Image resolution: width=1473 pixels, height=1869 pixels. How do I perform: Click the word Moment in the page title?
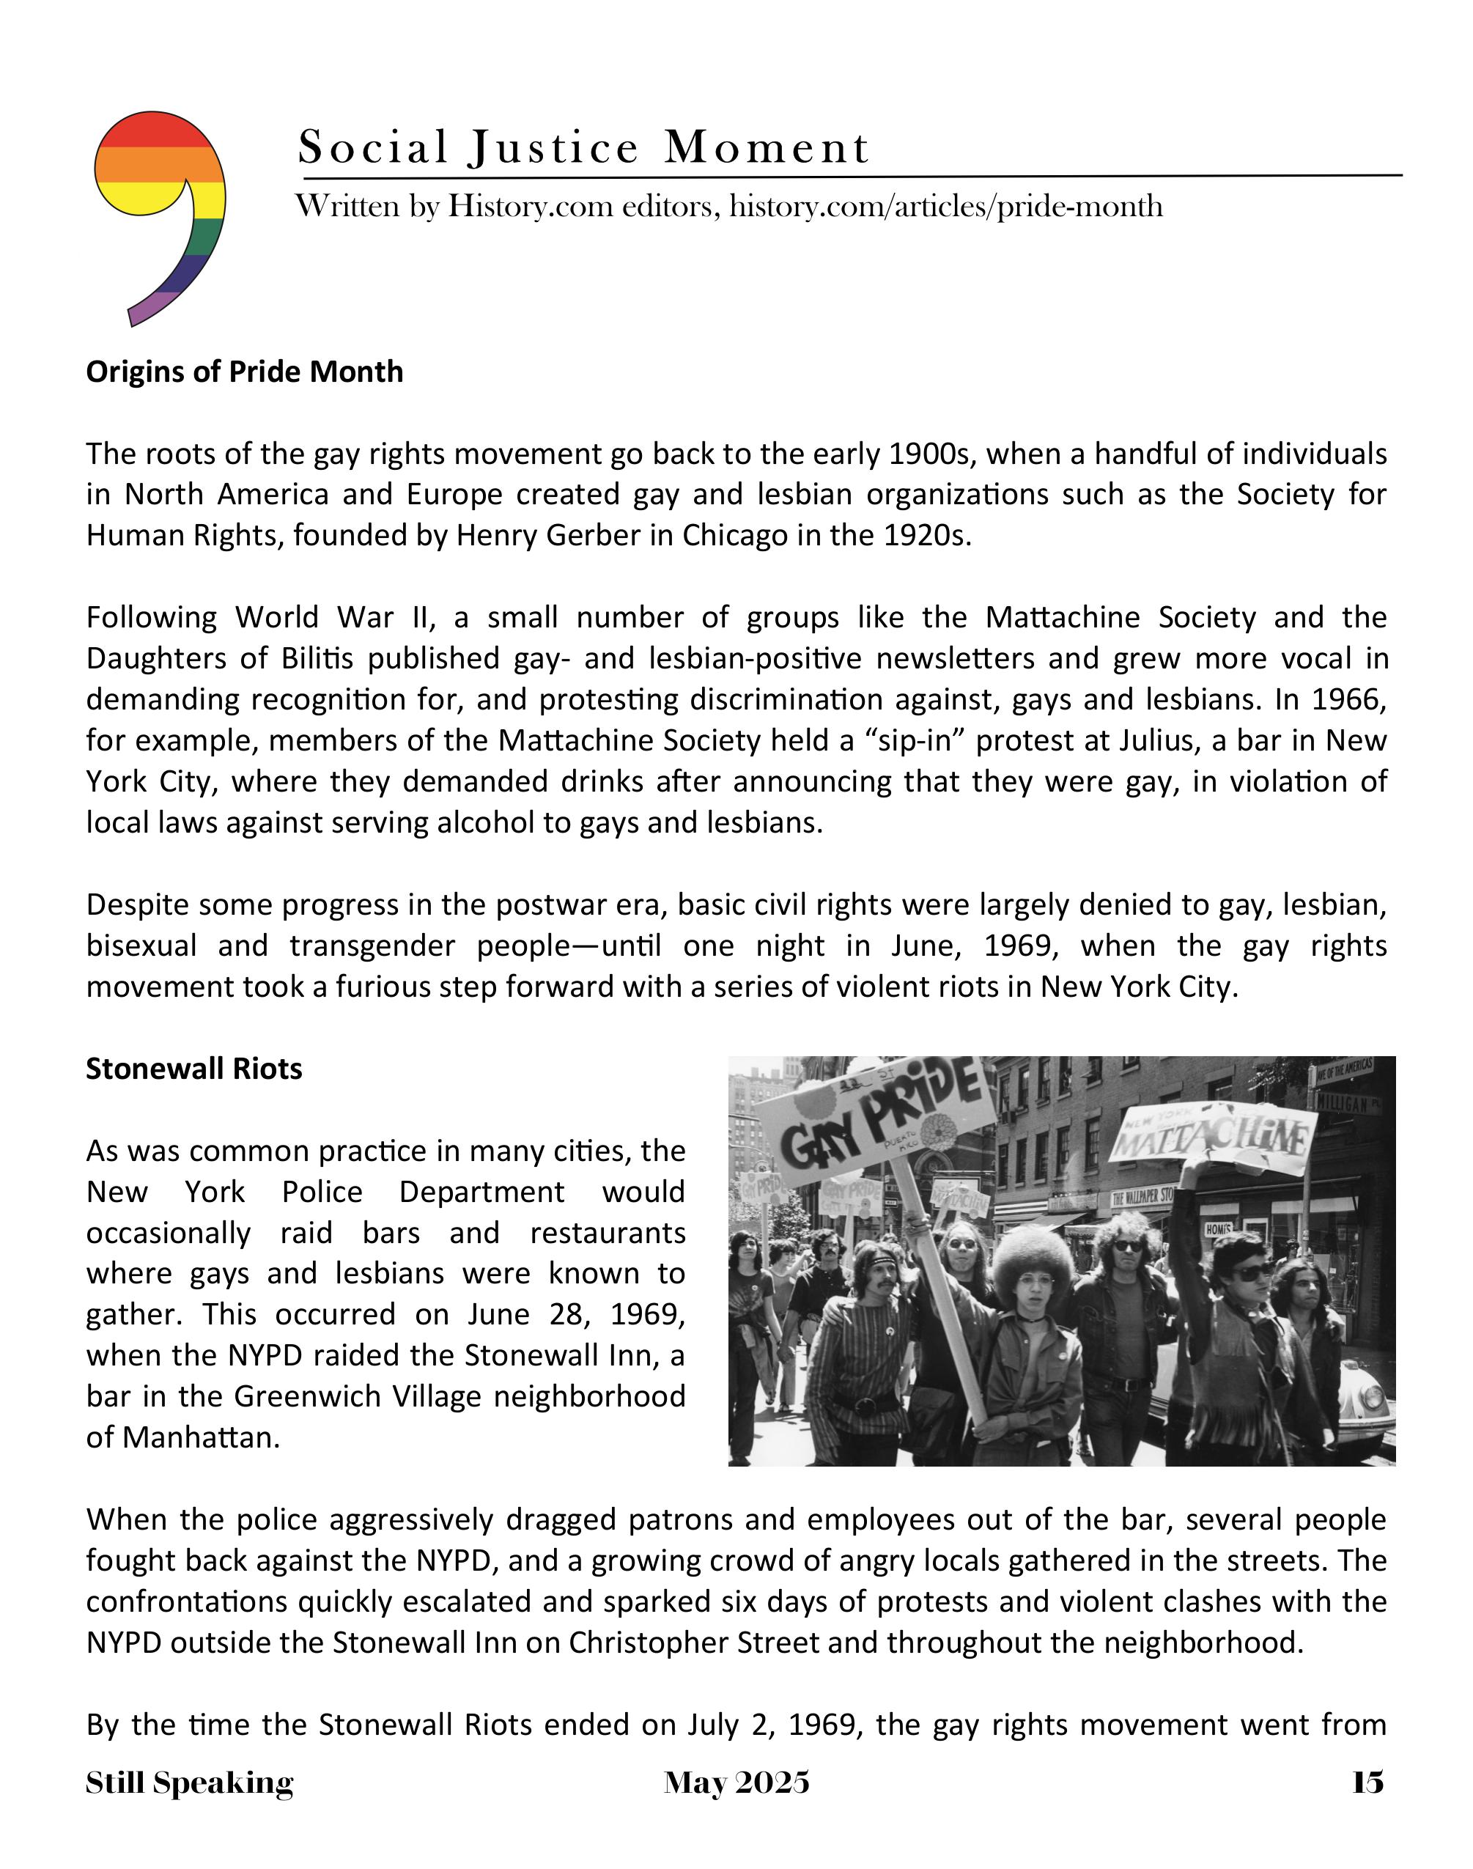(x=766, y=147)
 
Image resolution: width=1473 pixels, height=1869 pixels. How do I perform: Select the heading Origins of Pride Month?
(x=244, y=372)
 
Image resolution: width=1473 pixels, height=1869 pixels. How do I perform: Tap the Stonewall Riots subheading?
(x=194, y=1069)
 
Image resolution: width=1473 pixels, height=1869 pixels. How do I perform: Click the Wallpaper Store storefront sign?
(x=1142, y=1196)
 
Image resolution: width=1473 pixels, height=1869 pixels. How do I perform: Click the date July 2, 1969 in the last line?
(x=776, y=1725)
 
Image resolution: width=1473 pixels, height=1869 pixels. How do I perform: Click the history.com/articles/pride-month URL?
(x=945, y=207)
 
